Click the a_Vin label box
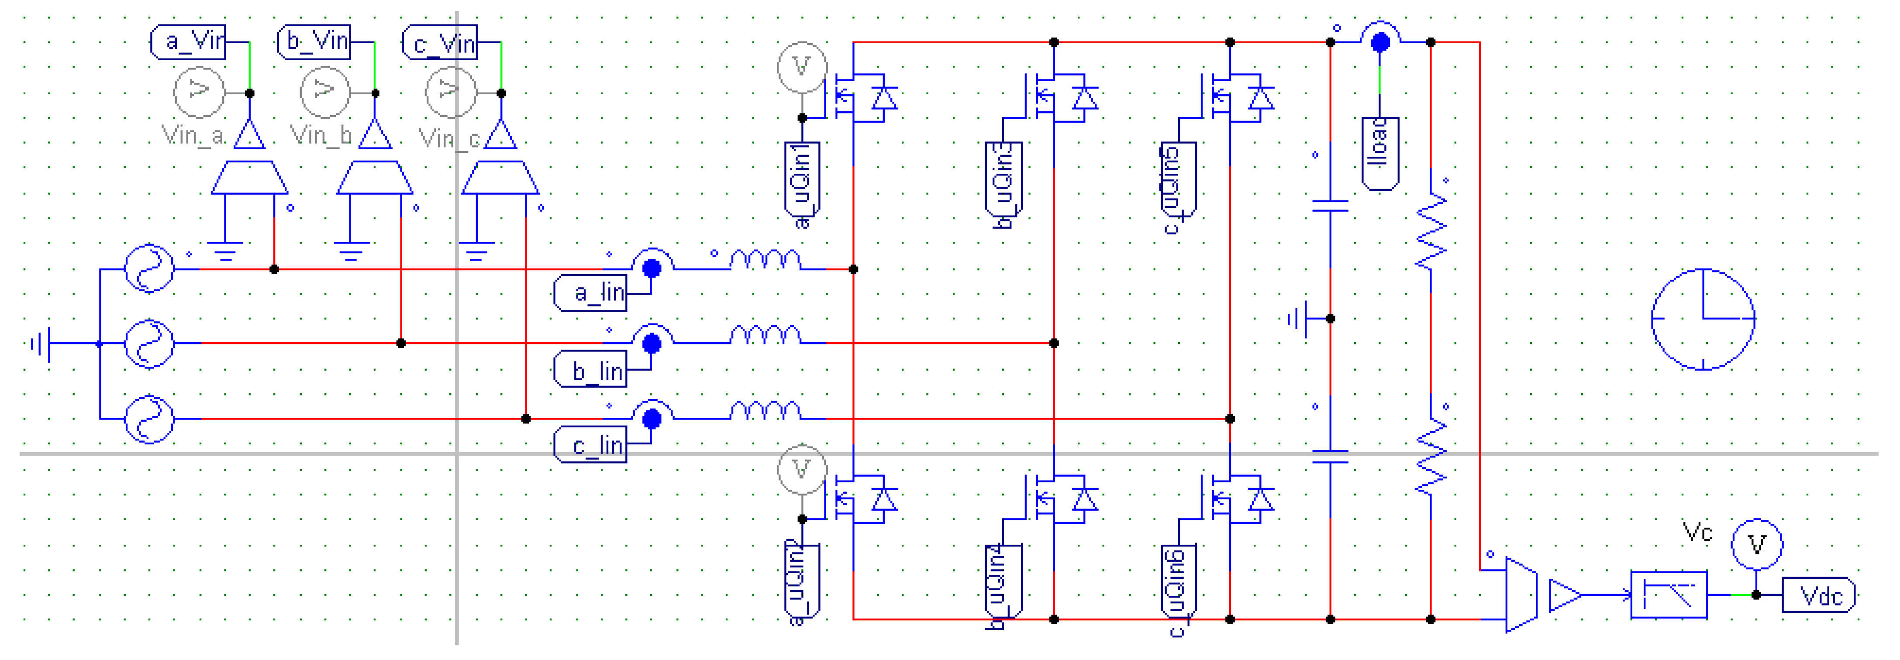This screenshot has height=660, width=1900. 188,41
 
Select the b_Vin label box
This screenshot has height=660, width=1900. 314,41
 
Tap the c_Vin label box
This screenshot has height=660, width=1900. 440,43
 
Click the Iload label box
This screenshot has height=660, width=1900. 1379,153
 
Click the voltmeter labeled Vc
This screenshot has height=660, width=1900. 1757,545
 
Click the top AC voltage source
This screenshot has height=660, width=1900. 149,268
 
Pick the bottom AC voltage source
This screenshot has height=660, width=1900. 149,419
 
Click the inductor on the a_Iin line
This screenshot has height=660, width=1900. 765,260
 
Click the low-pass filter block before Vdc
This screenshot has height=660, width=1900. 1669,595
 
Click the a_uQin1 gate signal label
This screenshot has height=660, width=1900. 802,179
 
